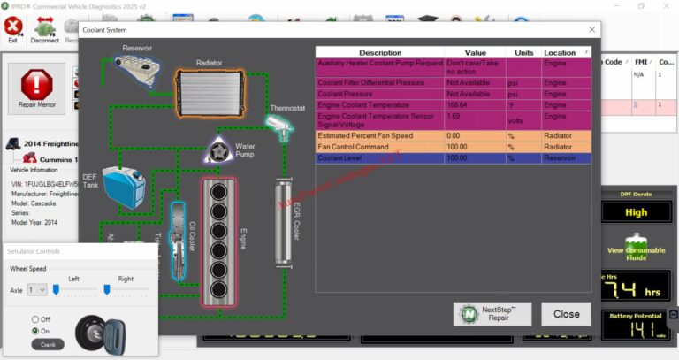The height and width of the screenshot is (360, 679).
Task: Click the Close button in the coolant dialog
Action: pos(566,313)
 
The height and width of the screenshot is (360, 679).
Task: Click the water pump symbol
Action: pos(218,150)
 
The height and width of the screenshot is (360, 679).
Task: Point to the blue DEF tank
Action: pos(122,187)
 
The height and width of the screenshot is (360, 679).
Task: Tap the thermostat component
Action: pos(280,128)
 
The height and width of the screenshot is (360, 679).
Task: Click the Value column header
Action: pos(475,53)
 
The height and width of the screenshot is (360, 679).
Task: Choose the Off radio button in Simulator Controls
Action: pos(35,319)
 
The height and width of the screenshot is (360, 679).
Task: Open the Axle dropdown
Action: pos(37,289)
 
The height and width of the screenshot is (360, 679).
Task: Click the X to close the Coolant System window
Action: pos(591,30)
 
